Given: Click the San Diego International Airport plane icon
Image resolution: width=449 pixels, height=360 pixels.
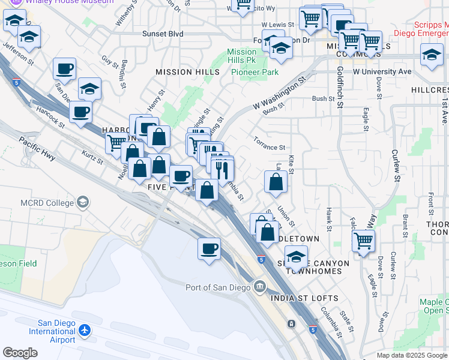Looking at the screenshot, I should pyautogui.click(x=85, y=329).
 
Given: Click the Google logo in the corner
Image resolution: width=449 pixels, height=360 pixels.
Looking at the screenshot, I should pyautogui.click(x=20, y=353).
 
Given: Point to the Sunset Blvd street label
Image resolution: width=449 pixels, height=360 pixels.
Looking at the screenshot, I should pyautogui.click(x=163, y=34).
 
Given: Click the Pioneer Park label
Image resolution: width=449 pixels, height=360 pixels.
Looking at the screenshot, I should pyautogui.click(x=255, y=72).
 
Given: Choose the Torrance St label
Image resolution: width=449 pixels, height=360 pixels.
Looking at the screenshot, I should pyautogui.click(x=268, y=146).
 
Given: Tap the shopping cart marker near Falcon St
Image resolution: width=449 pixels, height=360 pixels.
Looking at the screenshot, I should pyautogui.click(x=363, y=241).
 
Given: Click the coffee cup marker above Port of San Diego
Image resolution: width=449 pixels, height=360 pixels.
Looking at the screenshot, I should pyautogui.click(x=209, y=249).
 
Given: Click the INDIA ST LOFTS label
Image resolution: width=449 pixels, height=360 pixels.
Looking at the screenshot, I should pyautogui.click(x=304, y=298).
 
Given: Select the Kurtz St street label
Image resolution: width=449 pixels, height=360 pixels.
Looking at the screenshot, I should pyautogui.click(x=92, y=158).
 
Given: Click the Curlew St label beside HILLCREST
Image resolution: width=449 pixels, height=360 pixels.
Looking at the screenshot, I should pyautogui.click(x=396, y=164).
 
